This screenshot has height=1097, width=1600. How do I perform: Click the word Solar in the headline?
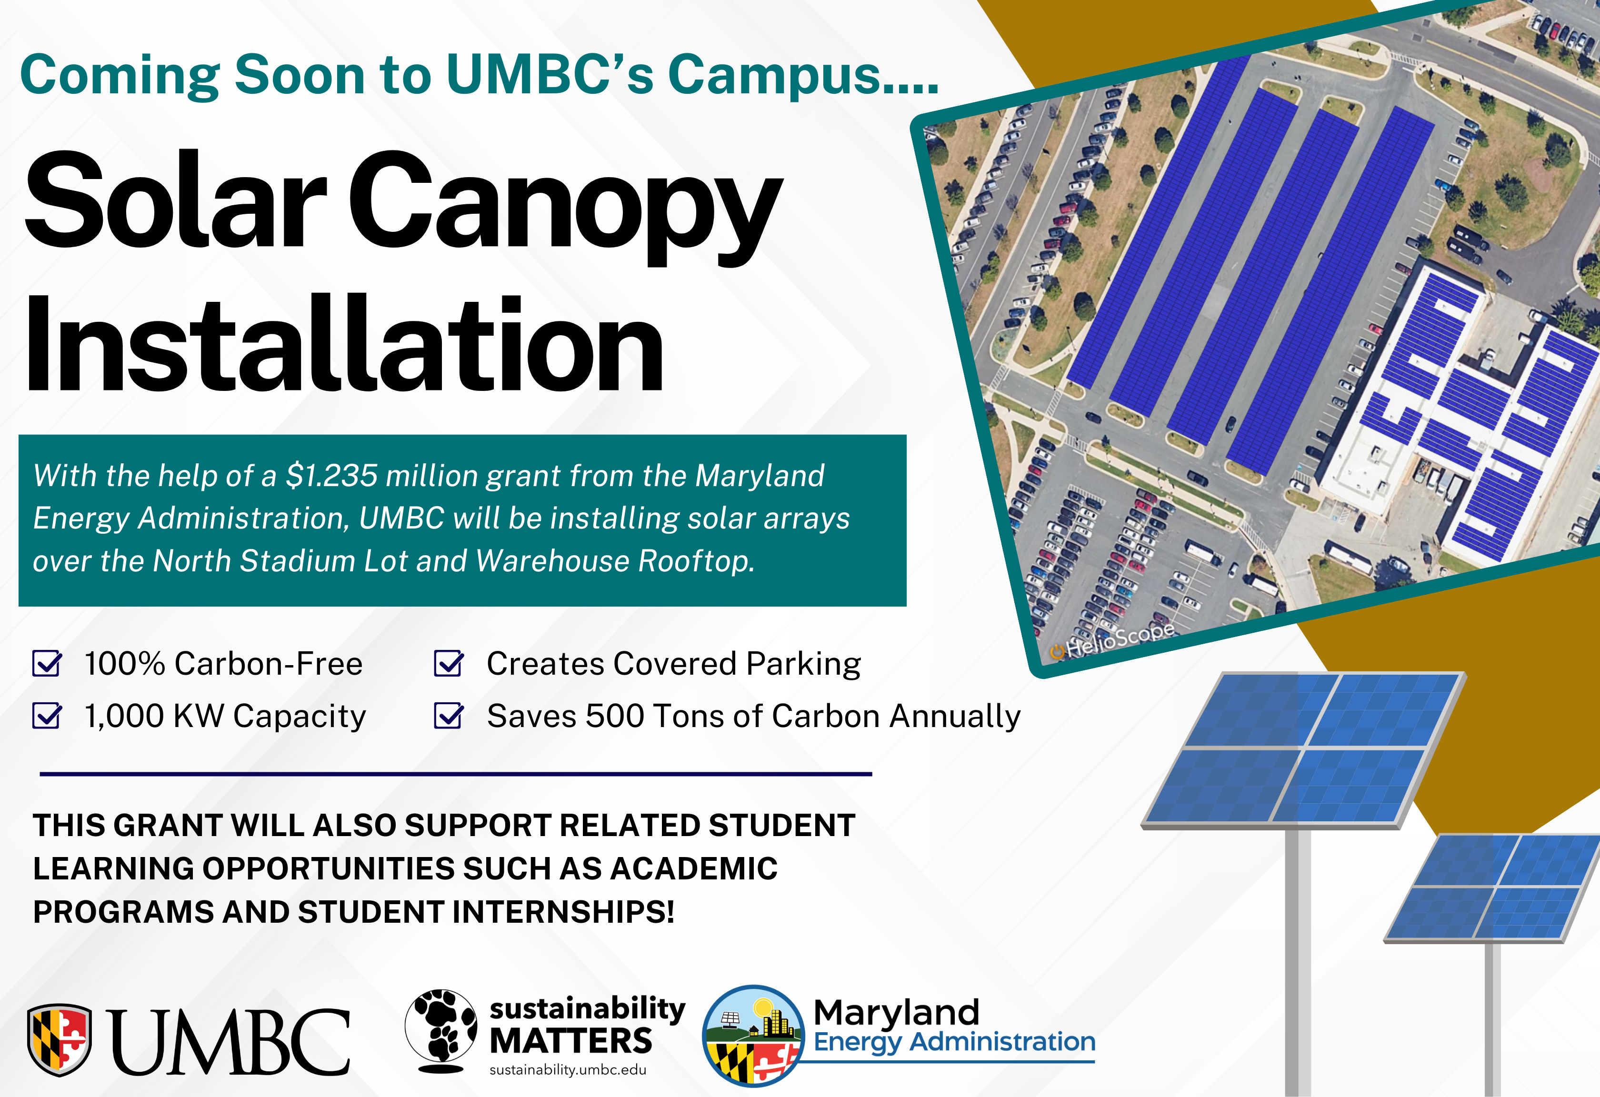tap(176, 200)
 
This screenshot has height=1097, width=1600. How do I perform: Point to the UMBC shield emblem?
tap(59, 1039)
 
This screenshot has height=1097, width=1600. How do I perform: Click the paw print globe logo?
tap(440, 1031)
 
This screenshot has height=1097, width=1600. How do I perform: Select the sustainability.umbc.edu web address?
tap(568, 1069)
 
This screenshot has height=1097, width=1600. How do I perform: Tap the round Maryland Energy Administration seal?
tap(753, 1036)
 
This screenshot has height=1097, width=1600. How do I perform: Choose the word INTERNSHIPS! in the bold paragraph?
tap(563, 912)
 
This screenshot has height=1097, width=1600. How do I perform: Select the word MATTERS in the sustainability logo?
tap(571, 1040)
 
